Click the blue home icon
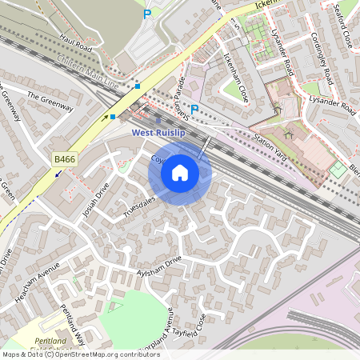(180, 172)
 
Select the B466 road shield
(64, 160)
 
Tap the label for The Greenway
(50, 102)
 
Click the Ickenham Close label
(237, 78)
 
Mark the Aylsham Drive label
(159, 267)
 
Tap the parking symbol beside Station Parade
(194, 109)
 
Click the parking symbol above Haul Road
(146, 14)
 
